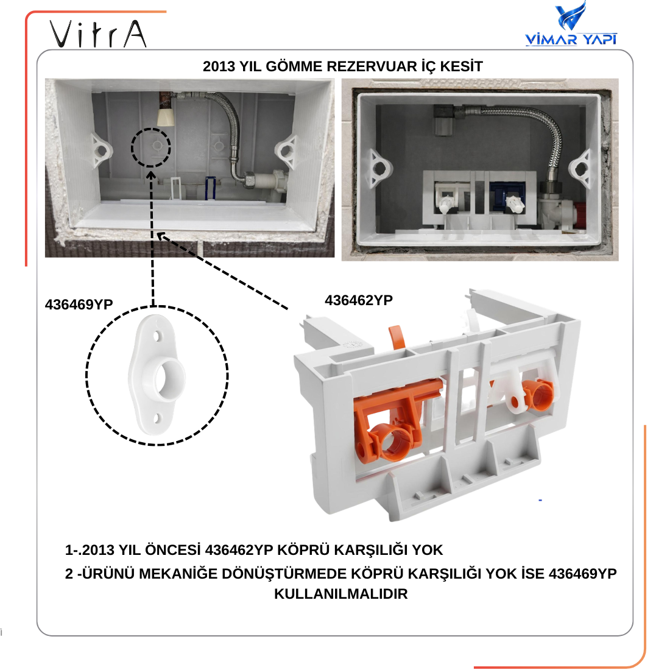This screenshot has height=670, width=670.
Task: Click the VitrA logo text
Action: [x=98, y=33]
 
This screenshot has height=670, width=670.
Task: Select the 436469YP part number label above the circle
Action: [x=79, y=304]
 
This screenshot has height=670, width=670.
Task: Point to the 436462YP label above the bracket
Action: [x=359, y=300]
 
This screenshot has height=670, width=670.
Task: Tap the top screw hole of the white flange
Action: [x=157, y=336]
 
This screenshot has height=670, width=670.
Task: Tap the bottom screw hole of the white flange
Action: [x=158, y=418]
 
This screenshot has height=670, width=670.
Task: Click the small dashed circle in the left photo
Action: [x=132, y=147]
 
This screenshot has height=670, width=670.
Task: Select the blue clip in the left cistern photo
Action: [x=210, y=188]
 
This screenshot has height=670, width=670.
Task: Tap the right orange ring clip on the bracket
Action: [x=538, y=393]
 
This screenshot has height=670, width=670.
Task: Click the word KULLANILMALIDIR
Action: [x=340, y=594]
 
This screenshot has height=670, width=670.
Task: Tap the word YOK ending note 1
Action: [x=427, y=550]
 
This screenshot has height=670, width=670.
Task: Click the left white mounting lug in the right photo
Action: [x=379, y=168]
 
